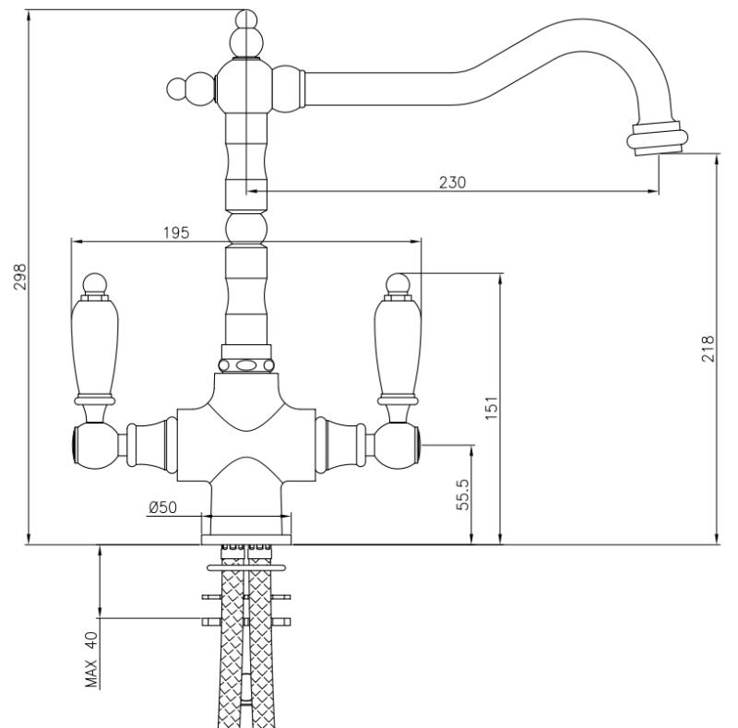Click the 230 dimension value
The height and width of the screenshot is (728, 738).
(x=451, y=182)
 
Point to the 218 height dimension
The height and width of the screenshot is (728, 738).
(x=708, y=349)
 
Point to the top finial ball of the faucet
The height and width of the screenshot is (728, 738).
(x=245, y=20)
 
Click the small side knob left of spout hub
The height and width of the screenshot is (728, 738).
(x=177, y=90)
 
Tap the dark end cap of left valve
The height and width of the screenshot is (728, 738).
(x=73, y=446)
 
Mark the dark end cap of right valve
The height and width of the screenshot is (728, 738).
(x=420, y=446)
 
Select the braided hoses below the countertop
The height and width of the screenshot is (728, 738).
(x=245, y=646)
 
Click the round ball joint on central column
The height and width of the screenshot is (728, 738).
(x=245, y=226)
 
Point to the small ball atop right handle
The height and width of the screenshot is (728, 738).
(x=398, y=280)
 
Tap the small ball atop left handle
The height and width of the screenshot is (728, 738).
(x=94, y=280)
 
